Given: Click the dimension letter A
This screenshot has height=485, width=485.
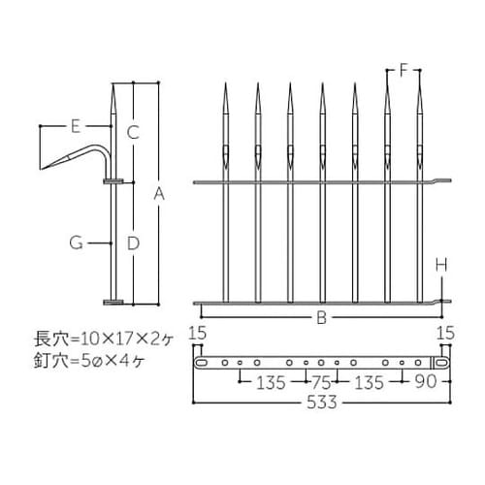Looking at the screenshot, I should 159,195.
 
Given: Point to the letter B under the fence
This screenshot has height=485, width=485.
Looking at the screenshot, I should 320,316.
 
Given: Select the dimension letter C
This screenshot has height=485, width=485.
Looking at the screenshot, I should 134,130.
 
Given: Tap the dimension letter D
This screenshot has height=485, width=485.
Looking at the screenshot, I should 134,242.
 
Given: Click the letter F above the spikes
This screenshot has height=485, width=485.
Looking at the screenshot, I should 405,70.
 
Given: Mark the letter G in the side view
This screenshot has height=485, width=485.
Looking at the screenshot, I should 75,242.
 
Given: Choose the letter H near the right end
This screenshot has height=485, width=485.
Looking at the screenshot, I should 441,263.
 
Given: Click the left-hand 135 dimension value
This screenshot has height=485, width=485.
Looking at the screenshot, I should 269,382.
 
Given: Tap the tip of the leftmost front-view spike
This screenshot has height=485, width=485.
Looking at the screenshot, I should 225,84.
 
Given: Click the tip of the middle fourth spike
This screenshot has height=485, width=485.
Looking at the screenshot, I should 323,84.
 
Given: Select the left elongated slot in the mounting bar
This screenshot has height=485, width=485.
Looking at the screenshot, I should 204,362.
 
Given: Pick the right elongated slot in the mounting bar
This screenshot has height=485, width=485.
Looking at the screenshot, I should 441,362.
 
